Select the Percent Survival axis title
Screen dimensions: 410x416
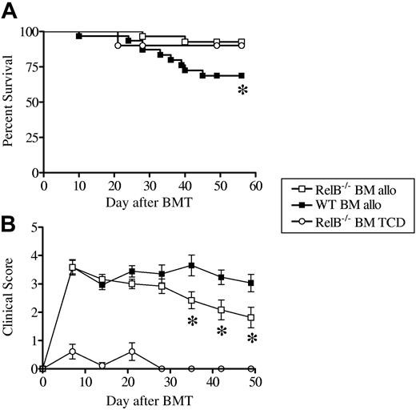click(10, 102)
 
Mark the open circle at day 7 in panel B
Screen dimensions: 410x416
click(73, 352)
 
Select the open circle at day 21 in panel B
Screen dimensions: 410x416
click(132, 352)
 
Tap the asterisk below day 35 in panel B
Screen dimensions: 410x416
click(192, 322)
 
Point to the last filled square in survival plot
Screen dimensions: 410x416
click(241, 75)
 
